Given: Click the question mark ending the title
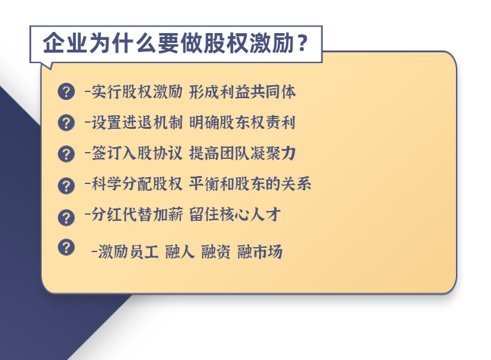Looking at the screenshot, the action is point(303,43).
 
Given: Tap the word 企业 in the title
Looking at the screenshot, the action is point(65,43).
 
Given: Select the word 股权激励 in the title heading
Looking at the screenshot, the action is point(249,43).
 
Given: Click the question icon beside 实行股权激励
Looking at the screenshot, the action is point(66,91).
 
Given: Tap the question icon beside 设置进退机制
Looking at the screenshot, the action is point(66,122).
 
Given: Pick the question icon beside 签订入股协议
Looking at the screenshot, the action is point(66,154).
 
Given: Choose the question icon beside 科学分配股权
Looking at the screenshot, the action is point(66,186).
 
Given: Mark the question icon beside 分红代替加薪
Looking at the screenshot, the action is point(66,217).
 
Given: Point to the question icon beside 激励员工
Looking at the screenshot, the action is point(66,247).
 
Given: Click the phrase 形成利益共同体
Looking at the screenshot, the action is point(242,92).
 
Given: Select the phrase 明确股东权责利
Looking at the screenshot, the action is point(242,122).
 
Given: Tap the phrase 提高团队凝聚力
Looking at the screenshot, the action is point(242,153).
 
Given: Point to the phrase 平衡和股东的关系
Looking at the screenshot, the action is point(250,183).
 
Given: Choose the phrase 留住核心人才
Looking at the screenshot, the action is point(235,215).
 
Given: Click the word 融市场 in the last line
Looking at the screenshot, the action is point(260,252).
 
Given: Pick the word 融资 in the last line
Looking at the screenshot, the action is point(216,252).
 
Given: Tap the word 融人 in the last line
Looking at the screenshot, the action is point(180,252).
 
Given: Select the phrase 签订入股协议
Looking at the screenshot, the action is point(137,153).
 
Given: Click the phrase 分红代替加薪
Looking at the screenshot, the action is point(137,215).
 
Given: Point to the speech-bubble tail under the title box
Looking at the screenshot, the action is point(47,65).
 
